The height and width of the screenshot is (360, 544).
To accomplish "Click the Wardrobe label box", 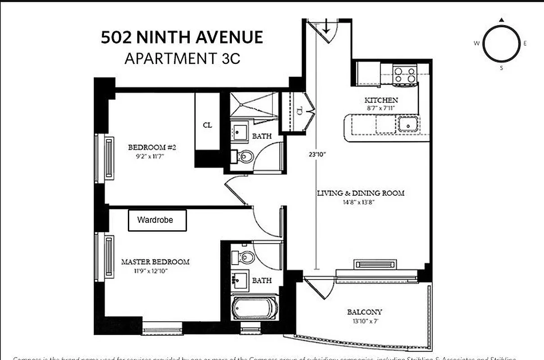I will point(157,220).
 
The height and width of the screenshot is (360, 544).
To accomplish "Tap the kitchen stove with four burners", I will point(404,75).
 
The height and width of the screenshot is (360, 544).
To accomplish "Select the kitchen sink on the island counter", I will point(408,124).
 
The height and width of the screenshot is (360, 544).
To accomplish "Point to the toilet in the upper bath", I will point(245,157).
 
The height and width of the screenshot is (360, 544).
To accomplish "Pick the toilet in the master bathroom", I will point(245,257).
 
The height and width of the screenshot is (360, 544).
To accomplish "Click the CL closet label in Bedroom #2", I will point(207,125).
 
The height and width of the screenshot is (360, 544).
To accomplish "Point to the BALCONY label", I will point(364,311).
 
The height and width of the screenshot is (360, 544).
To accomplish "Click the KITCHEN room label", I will point(381,100).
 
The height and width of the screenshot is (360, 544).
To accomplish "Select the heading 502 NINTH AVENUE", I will point(182,37).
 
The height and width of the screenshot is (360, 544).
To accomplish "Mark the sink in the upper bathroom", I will point(239,132).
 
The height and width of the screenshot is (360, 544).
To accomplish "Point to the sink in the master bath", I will point(239,280).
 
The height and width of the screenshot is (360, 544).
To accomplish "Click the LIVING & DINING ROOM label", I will point(360,193).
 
